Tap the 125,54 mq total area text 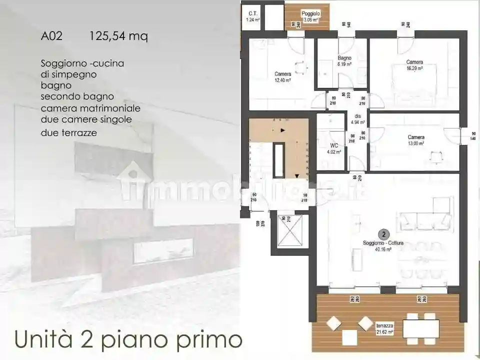pyautogui.click(x=118, y=36)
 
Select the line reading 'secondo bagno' pyautogui.click(x=77, y=96)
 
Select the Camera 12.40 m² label pyautogui.click(x=283, y=77)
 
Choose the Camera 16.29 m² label pyautogui.click(x=414, y=65)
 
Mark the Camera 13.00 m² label pyautogui.click(x=416, y=140)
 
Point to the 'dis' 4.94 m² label pyautogui.click(x=358, y=119)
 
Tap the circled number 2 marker pyautogui.click(x=383, y=233)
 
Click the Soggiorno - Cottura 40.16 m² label pyautogui.click(x=383, y=246)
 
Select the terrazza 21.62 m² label pyautogui.click(x=384, y=328)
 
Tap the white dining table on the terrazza pyautogui.click(x=420, y=328)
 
